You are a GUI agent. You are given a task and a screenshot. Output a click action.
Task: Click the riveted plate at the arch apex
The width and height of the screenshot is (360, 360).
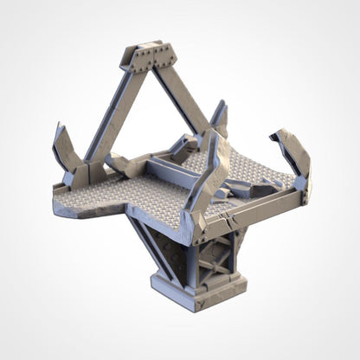click(x=151, y=56)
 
